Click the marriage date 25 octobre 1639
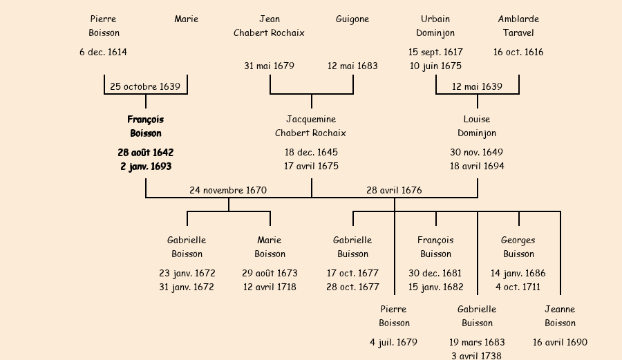pyautogui.click(x=145, y=86)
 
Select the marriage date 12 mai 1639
pyautogui.click(x=477, y=86)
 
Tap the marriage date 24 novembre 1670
pyautogui.click(x=228, y=190)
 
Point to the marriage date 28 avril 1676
pyautogui.click(x=394, y=190)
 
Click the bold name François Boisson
pyautogui.click(x=145, y=126)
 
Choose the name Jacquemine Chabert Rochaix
pyautogui.click(x=311, y=126)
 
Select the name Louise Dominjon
pyautogui.click(x=477, y=126)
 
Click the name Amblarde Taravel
pyautogui.click(x=518, y=26)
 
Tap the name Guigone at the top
pyautogui.click(x=352, y=19)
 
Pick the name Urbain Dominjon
pyautogui.click(x=435, y=26)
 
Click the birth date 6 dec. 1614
pyautogui.click(x=104, y=52)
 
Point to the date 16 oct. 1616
pyautogui.click(x=518, y=52)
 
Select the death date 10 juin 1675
pyautogui.click(x=435, y=66)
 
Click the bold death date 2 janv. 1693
pyautogui.click(x=145, y=167)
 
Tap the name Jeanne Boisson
pyautogui.click(x=560, y=316)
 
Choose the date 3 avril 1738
pyautogui.click(x=477, y=355)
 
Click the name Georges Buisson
pyautogui.click(x=518, y=247)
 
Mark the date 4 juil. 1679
pyautogui.click(x=394, y=342)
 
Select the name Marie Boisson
pyautogui.click(x=270, y=247)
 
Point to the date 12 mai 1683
pyautogui.click(x=352, y=66)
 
